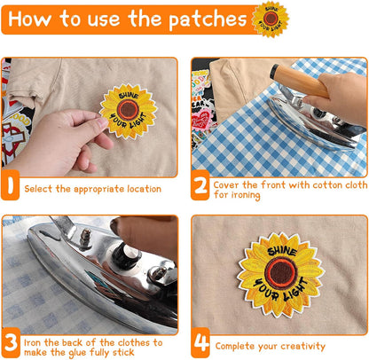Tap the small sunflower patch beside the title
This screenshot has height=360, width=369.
(271, 19)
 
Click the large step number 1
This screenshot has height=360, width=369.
(11, 185)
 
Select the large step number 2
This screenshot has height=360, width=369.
(200, 185)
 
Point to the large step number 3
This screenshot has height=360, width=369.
(11, 343)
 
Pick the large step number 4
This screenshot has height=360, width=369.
(200, 343)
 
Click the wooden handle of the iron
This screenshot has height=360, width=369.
(299, 81)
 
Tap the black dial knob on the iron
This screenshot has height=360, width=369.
(126, 254)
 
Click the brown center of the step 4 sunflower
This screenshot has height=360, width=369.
(281, 272)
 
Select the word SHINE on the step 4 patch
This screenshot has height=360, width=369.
(282, 252)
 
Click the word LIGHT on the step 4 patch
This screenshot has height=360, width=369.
(295, 291)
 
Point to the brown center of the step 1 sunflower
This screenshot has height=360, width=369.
(129, 109)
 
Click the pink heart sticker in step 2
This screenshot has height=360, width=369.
(201, 120)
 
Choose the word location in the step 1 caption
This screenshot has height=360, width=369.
(145, 189)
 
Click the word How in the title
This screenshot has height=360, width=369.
(29, 19)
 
